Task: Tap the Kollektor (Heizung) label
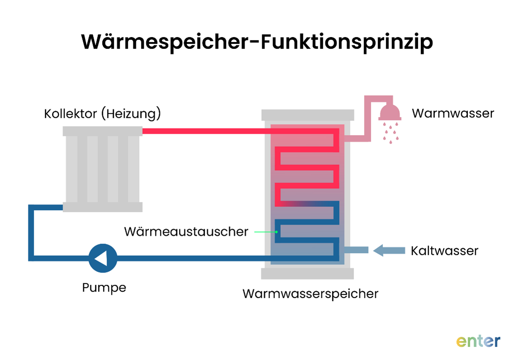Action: click(102, 114)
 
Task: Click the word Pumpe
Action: click(104, 288)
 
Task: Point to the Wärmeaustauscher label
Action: click(186, 232)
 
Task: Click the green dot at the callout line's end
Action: click(276, 232)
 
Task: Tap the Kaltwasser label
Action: click(444, 251)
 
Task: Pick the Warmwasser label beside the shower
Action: click(453, 113)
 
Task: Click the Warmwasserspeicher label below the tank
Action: click(310, 294)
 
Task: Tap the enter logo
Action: click(478, 340)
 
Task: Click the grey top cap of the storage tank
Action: click(307, 115)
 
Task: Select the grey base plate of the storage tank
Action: click(307, 273)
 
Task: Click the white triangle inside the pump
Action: click(102, 258)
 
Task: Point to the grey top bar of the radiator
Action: click(102, 131)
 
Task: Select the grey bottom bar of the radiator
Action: click(102, 207)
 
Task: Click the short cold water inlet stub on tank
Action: click(356, 250)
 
